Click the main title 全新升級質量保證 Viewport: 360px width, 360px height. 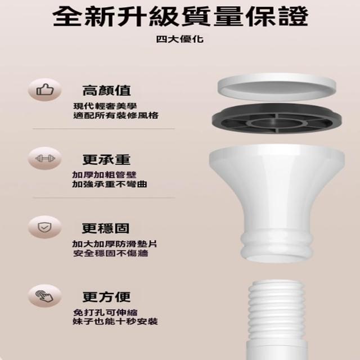[x=180, y=16]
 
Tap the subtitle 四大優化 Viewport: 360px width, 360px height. [x=180, y=39]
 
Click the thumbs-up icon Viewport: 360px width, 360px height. [x=45, y=89]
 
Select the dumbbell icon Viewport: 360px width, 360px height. [x=45, y=159]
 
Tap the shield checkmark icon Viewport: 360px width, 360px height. [x=45, y=227]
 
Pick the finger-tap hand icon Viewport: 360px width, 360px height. [x=44, y=296]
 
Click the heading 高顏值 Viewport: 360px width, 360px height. [x=107, y=91]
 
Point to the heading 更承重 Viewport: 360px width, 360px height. [x=106, y=159]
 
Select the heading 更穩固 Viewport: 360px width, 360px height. [x=106, y=228]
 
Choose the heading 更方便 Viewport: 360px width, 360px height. [x=106, y=297]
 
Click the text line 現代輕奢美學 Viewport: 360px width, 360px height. [x=105, y=106]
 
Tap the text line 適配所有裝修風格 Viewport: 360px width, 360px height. [x=116, y=115]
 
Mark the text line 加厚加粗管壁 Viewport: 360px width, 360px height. [x=105, y=175]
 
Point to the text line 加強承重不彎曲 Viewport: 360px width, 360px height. [x=110, y=184]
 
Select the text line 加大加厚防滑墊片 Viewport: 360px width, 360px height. [x=115, y=244]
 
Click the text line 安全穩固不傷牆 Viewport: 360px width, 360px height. [x=111, y=253]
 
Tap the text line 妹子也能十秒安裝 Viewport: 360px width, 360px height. [x=115, y=321]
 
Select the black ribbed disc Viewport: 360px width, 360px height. [x=277, y=119]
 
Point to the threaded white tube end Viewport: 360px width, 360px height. [x=277, y=310]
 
